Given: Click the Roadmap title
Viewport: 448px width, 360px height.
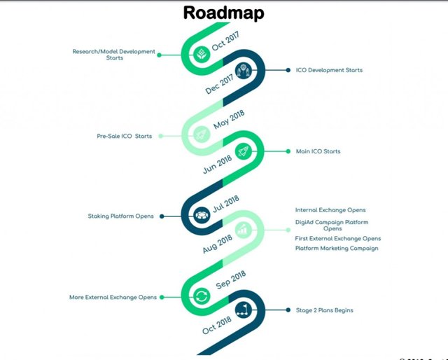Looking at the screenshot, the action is tap(224, 13).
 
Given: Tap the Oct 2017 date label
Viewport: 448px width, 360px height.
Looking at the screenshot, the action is tap(225, 41).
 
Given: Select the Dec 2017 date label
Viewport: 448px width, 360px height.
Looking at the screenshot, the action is tap(219, 84).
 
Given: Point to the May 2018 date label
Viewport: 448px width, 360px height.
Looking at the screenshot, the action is tap(229, 120).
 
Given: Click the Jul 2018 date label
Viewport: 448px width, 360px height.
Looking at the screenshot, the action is tap(225, 204).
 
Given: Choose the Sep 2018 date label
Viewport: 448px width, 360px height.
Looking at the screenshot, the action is tap(230, 280).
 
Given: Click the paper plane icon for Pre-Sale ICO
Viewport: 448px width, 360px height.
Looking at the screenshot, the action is tap(202, 134).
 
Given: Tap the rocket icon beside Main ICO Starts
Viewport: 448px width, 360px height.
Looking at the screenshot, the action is tap(244, 151).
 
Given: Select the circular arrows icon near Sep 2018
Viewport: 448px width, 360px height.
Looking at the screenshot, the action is tap(202, 296).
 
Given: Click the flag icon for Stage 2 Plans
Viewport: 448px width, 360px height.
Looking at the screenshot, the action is tap(244, 310).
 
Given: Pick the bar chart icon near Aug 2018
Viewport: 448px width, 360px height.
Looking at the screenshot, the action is tap(244, 230).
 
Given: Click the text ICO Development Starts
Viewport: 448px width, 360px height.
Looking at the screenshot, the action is tap(329, 70).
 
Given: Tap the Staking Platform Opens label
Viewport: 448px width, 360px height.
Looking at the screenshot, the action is tap(121, 216).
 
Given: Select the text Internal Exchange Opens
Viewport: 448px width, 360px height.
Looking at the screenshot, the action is tap(330, 210).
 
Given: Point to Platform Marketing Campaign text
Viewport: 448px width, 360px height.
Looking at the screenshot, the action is tap(337, 249).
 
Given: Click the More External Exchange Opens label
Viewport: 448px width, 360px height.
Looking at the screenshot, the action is tap(113, 298).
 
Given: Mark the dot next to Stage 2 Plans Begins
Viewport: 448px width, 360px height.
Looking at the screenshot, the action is tap(288, 310).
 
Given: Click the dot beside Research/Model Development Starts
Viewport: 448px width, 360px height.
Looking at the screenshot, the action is tap(160, 55).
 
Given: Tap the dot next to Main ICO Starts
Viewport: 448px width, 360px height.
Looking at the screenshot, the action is tap(288, 151).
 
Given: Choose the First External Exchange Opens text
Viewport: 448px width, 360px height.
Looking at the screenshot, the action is tap(338, 238).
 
